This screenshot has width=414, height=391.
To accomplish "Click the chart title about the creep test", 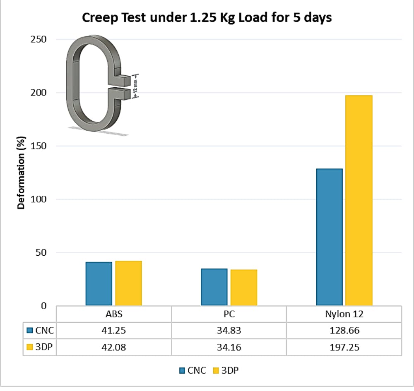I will click(207, 18).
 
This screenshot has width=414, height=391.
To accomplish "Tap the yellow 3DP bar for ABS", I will click(128, 283).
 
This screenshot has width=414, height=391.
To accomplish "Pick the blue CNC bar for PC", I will click(214, 287).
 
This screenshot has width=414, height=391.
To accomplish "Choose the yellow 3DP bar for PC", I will click(243, 288).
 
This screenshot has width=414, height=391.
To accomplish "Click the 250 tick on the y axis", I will click(39, 39).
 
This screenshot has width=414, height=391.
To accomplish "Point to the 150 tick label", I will click(39, 146).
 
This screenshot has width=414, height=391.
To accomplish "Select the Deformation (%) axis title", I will click(21, 173).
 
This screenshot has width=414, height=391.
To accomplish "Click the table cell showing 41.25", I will click(114, 331).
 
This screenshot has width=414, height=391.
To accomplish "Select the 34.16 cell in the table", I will click(229, 347).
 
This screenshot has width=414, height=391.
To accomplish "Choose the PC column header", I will click(229, 314).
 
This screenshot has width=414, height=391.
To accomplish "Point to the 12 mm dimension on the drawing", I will click(135, 86).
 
